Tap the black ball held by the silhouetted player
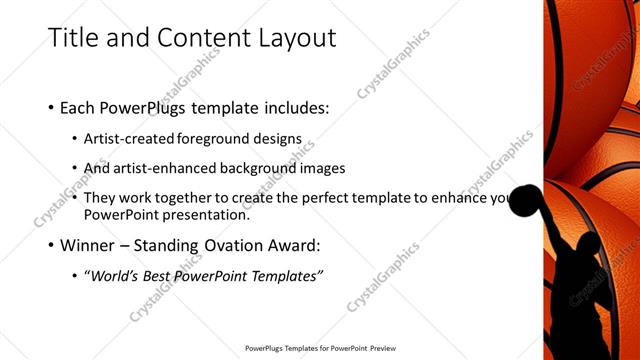(x=525, y=201)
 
